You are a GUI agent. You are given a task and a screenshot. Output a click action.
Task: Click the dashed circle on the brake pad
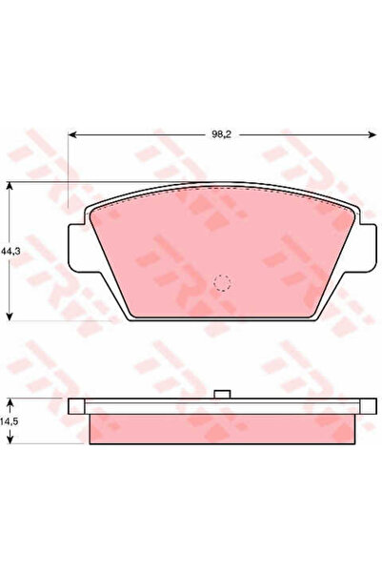pos(222,282)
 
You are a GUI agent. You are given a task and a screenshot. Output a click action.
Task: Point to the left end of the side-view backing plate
pos(72,406)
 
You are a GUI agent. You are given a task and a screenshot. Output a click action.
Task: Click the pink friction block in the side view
pos(222,428)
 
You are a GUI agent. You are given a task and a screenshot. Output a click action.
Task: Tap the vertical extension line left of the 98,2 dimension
pos(69,172)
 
